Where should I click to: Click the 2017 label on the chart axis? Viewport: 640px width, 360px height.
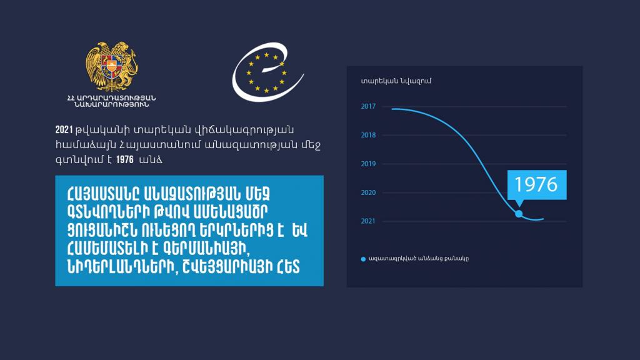pyautogui.click(x=368, y=106)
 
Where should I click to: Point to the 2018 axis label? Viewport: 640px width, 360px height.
pyautogui.click(x=368, y=135)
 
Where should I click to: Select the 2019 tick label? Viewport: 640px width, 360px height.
pyautogui.click(x=368, y=164)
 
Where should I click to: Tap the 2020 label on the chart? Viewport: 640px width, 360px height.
pyautogui.click(x=368, y=192)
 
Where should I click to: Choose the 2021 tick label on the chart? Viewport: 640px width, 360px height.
pyautogui.click(x=368, y=221)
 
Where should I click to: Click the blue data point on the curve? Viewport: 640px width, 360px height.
pyautogui.click(x=519, y=214)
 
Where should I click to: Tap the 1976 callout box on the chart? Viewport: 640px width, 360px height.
pyautogui.click(x=537, y=185)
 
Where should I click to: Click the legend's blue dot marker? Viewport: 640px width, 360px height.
pyautogui.click(x=363, y=259)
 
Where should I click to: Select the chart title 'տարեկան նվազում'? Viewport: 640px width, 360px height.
pyautogui.click(x=396, y=81)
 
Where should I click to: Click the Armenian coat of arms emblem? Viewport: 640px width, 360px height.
pyautogui.click(x=111, y=66)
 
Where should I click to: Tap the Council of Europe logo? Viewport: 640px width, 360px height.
pyautogui.click(x=267, y=72)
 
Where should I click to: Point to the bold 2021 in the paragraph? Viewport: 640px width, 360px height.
pyautogui.click(x=64, y=130)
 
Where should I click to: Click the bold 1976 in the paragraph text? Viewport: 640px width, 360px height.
pyautogui.click(x=125, y=159)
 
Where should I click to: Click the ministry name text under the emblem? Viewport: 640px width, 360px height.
pyautogui.click(x=111, y=101)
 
